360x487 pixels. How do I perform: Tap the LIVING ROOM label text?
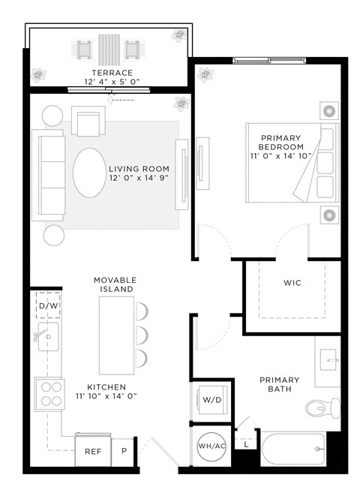point(139,169)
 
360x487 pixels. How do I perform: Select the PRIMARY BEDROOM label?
point(280,143)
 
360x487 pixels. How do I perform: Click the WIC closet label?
point(292,284)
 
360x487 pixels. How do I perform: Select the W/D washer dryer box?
point(211,400)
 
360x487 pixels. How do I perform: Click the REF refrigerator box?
point(93,452)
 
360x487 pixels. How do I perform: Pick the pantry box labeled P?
point(124,452)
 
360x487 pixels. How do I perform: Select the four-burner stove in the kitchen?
point(49,394)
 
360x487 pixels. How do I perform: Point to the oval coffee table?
point(90,172)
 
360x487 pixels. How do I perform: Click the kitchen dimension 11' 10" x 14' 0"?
point(105,396)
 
